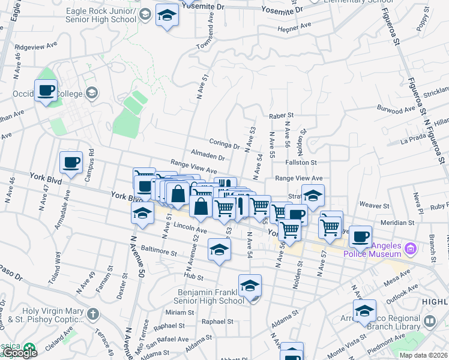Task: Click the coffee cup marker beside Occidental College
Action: pyautogui.click(x=46, y=91)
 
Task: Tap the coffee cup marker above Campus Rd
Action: pyautogui.click(x=71, y=162)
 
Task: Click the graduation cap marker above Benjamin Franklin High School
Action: pyautogui.click(x=250, y=286)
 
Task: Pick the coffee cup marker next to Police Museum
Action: pyautogui.click(x=361, y=236)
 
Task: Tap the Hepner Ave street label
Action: pyautogui.click(x=294, y=26)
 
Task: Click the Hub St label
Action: pyautogui.click(x=193, y=277)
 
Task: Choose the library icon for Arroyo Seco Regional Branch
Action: pyautogui.click(x=430, y=321)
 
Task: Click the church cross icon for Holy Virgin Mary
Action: pyautogui.click(x=93, y=313)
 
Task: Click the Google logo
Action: pyautogui.click(x=20, y=353)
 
